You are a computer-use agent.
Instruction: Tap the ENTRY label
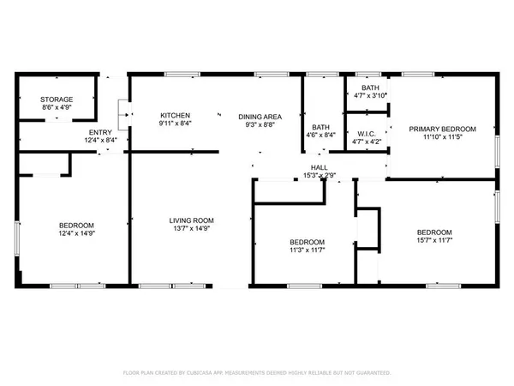click(x=99, y=131)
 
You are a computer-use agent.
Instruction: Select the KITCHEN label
click(x=176, y=115)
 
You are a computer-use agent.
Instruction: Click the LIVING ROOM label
click(x=190, y=221)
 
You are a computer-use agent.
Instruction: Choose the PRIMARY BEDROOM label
click(x=441, y=129)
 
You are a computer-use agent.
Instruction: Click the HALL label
click(x=319, y=167)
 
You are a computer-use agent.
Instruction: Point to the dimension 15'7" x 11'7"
click(x=434, y=241)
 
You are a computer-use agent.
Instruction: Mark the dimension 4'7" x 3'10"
click(x=370, y=95)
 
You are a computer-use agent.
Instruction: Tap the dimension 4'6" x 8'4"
click(x=321, y=135)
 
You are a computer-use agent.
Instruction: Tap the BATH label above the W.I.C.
click(x=370, y=87)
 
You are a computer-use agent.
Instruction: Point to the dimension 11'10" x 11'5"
click(x=441, y=137)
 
